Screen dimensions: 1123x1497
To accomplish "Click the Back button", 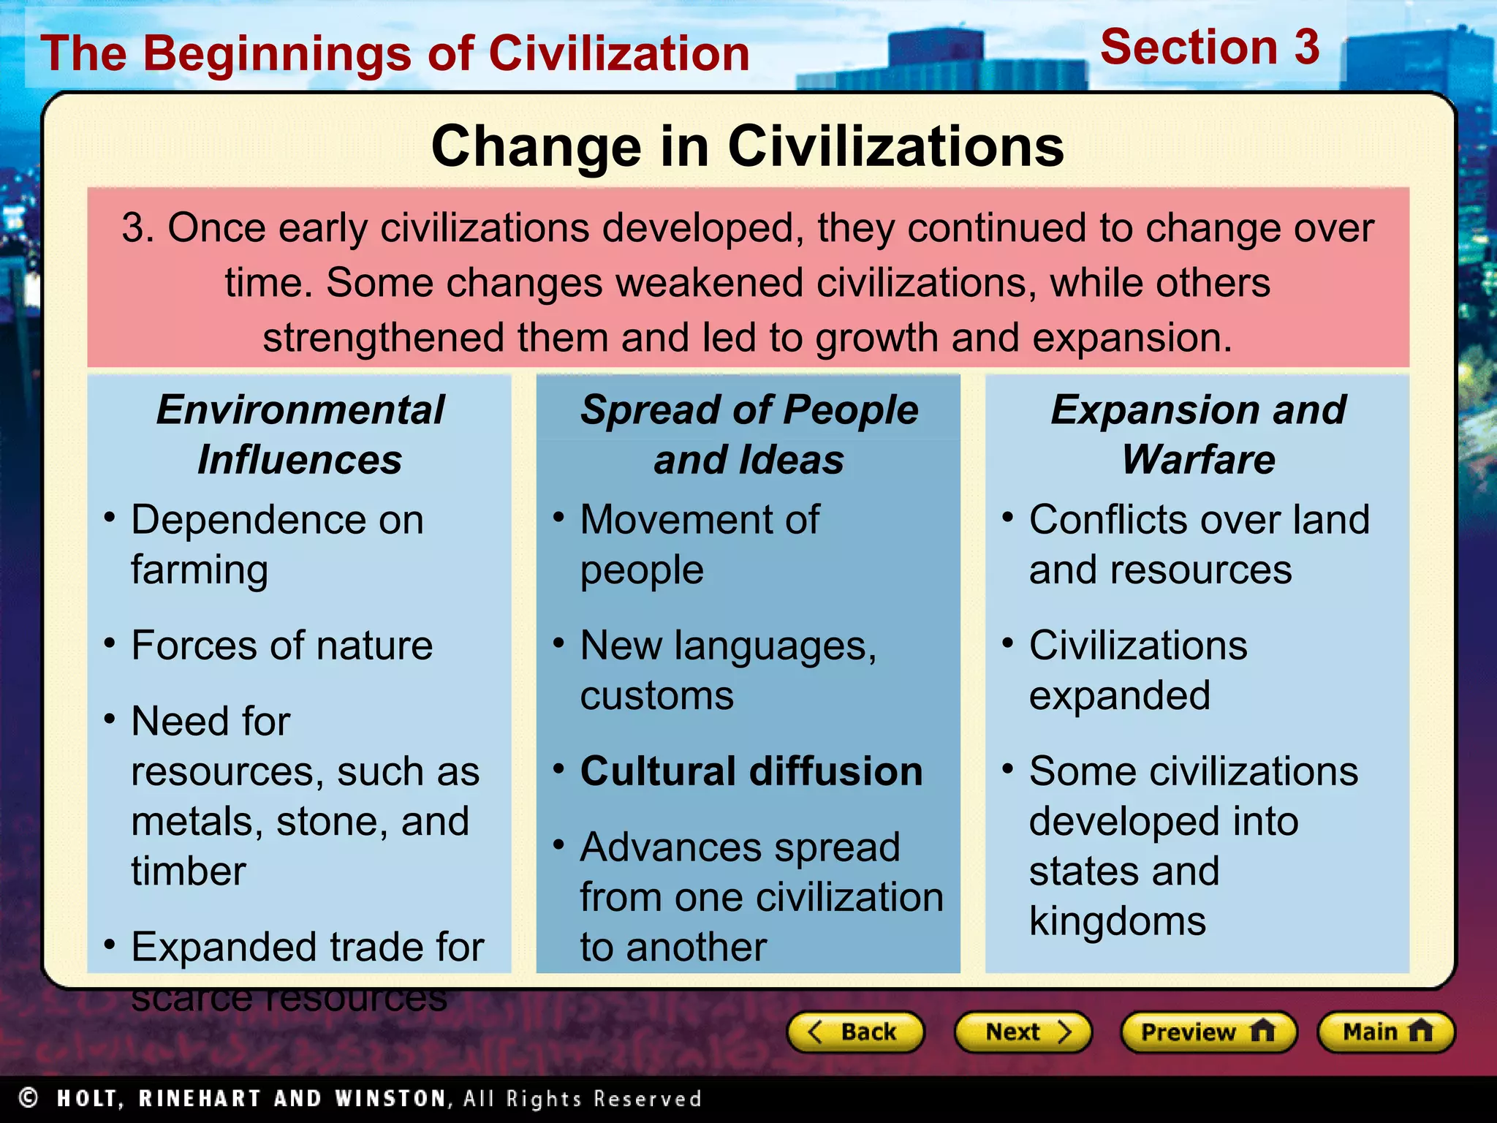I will (x=854, y=1032).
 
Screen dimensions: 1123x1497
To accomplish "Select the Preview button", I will (x=1208, y=1032).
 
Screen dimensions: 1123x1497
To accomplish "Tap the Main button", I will (x=1385, y=1032).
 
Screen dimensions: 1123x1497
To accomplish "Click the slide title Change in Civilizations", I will (x=747, y=146).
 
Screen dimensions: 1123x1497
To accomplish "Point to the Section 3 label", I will (x=1210, y=48).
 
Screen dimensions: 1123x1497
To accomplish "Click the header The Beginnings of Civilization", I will (x=395, y=54).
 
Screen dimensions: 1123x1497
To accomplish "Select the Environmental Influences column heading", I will (x=300, y=434).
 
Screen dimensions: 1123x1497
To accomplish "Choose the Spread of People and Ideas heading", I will (x=748, y=434).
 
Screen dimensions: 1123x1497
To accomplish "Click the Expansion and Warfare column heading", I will (x=1198, y=434).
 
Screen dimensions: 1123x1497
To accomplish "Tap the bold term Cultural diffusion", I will (x=751, y=771).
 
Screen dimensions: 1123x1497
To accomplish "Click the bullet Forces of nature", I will (x=281, y=646).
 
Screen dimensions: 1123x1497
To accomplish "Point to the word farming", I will (x=200, y=570).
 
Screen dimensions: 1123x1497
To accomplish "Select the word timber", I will (x=189, y=871).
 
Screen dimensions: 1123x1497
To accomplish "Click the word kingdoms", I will (x=1117, y=921).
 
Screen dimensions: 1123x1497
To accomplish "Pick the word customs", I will (x=656, y=695).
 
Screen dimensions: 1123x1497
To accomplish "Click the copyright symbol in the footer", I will (x=29, y=1097).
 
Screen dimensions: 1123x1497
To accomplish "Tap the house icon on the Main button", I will (x=1420, y=1031).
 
